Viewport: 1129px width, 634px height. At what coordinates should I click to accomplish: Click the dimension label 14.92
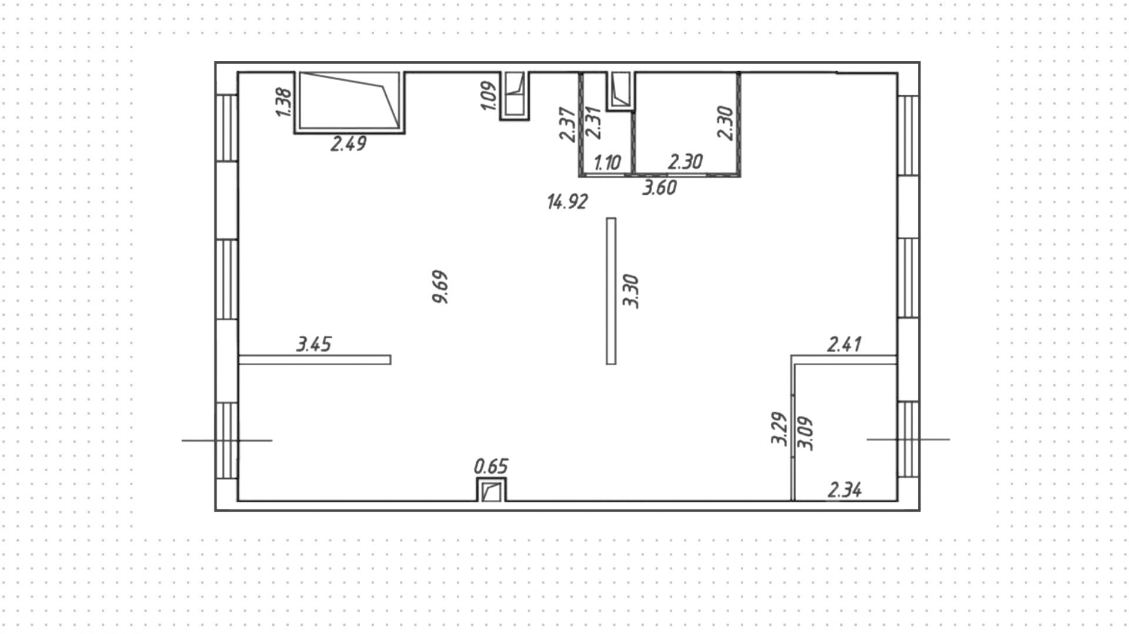coord(567,202)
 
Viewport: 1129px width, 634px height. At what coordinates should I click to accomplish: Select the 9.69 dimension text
coord(440,287)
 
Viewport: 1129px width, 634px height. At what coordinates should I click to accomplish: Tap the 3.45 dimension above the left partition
coord(313,344)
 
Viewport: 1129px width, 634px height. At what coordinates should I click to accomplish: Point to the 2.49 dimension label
coord(348,144)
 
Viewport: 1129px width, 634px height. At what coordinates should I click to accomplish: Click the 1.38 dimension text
coord(283,102)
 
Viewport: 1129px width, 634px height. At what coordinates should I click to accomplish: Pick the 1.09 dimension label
coord(489,95)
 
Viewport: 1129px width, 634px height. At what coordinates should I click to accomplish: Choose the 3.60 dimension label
coord(659,188)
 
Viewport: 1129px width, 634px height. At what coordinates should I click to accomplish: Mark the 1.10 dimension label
coord(607,162)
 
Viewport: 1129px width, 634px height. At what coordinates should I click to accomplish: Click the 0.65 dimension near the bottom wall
coord(490,467)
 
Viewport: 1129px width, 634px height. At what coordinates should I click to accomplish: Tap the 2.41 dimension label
coord(844,344)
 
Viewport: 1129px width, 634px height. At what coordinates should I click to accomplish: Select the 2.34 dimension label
coord(844,490)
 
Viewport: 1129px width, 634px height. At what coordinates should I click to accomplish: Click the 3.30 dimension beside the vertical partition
coord(631,291)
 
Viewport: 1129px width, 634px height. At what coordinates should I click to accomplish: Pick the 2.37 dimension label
coord(567,124)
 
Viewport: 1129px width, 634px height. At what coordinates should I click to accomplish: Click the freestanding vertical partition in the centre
coord(611,291)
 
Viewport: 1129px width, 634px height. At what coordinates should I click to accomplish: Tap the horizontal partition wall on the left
coord(315,360)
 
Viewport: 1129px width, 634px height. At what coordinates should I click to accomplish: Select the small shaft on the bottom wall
coord(491,490)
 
